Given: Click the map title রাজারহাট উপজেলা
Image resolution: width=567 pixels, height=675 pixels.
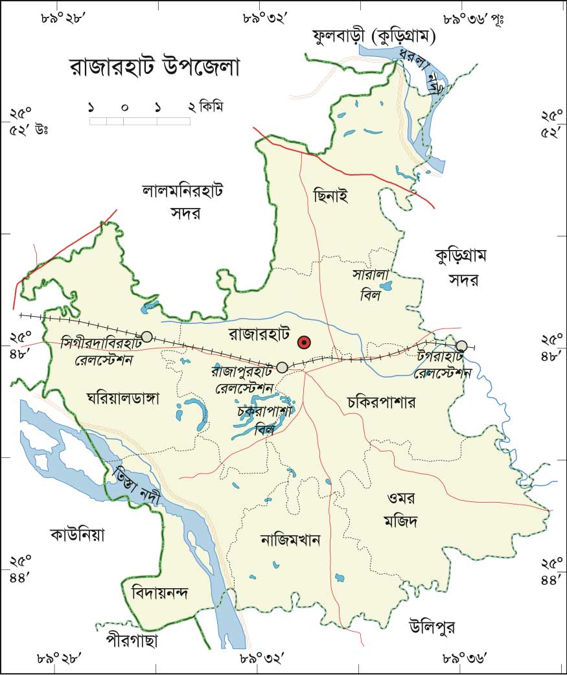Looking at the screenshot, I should click(x=154, y=68).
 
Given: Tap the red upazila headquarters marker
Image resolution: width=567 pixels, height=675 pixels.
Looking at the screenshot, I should click(x=303, y=342).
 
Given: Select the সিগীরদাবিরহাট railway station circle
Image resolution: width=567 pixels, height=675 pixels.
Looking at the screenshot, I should click(x=147, y=336).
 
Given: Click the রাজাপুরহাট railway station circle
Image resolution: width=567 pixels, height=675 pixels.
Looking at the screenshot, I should click(x=282, y=367).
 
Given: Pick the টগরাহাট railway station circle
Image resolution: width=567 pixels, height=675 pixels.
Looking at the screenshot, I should click(x=461, y=346).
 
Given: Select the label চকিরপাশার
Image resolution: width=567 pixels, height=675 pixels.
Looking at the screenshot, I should click(x=380, y=402).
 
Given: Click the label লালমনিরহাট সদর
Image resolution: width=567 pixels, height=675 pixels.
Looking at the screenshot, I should click(x=183, y=201).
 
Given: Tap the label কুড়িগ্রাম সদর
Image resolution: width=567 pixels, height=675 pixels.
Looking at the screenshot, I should click(x=461, y=268).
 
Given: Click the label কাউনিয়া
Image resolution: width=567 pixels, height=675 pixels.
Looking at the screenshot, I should click(x=77, y=536).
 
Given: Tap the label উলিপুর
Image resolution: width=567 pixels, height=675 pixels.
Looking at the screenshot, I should click(x=432, y=626).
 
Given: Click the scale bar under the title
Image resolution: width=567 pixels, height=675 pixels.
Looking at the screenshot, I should click(x=139, y=120).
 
